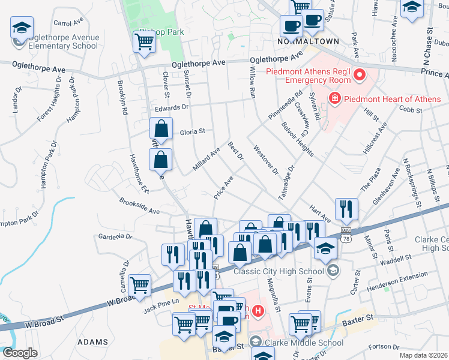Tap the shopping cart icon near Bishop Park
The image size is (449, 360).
click(x=144, y=42)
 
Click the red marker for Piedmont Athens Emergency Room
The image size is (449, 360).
click(x=360, y=75)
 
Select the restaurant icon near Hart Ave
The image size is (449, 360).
click(x=346, y=208)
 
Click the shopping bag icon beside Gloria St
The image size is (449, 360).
click(x=161, y=128)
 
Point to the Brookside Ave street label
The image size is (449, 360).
click(x=139, y=206)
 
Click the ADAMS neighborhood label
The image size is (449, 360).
click(x=92, y=342)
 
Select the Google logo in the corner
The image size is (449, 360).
click(x=19, y=353)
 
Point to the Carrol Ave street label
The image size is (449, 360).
click(x=68, y=23)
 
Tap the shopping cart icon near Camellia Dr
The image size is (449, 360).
click(x=140, y=285)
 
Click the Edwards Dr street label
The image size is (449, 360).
click(x=171, y=107)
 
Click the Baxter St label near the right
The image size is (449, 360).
click(x=358, y=316)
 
